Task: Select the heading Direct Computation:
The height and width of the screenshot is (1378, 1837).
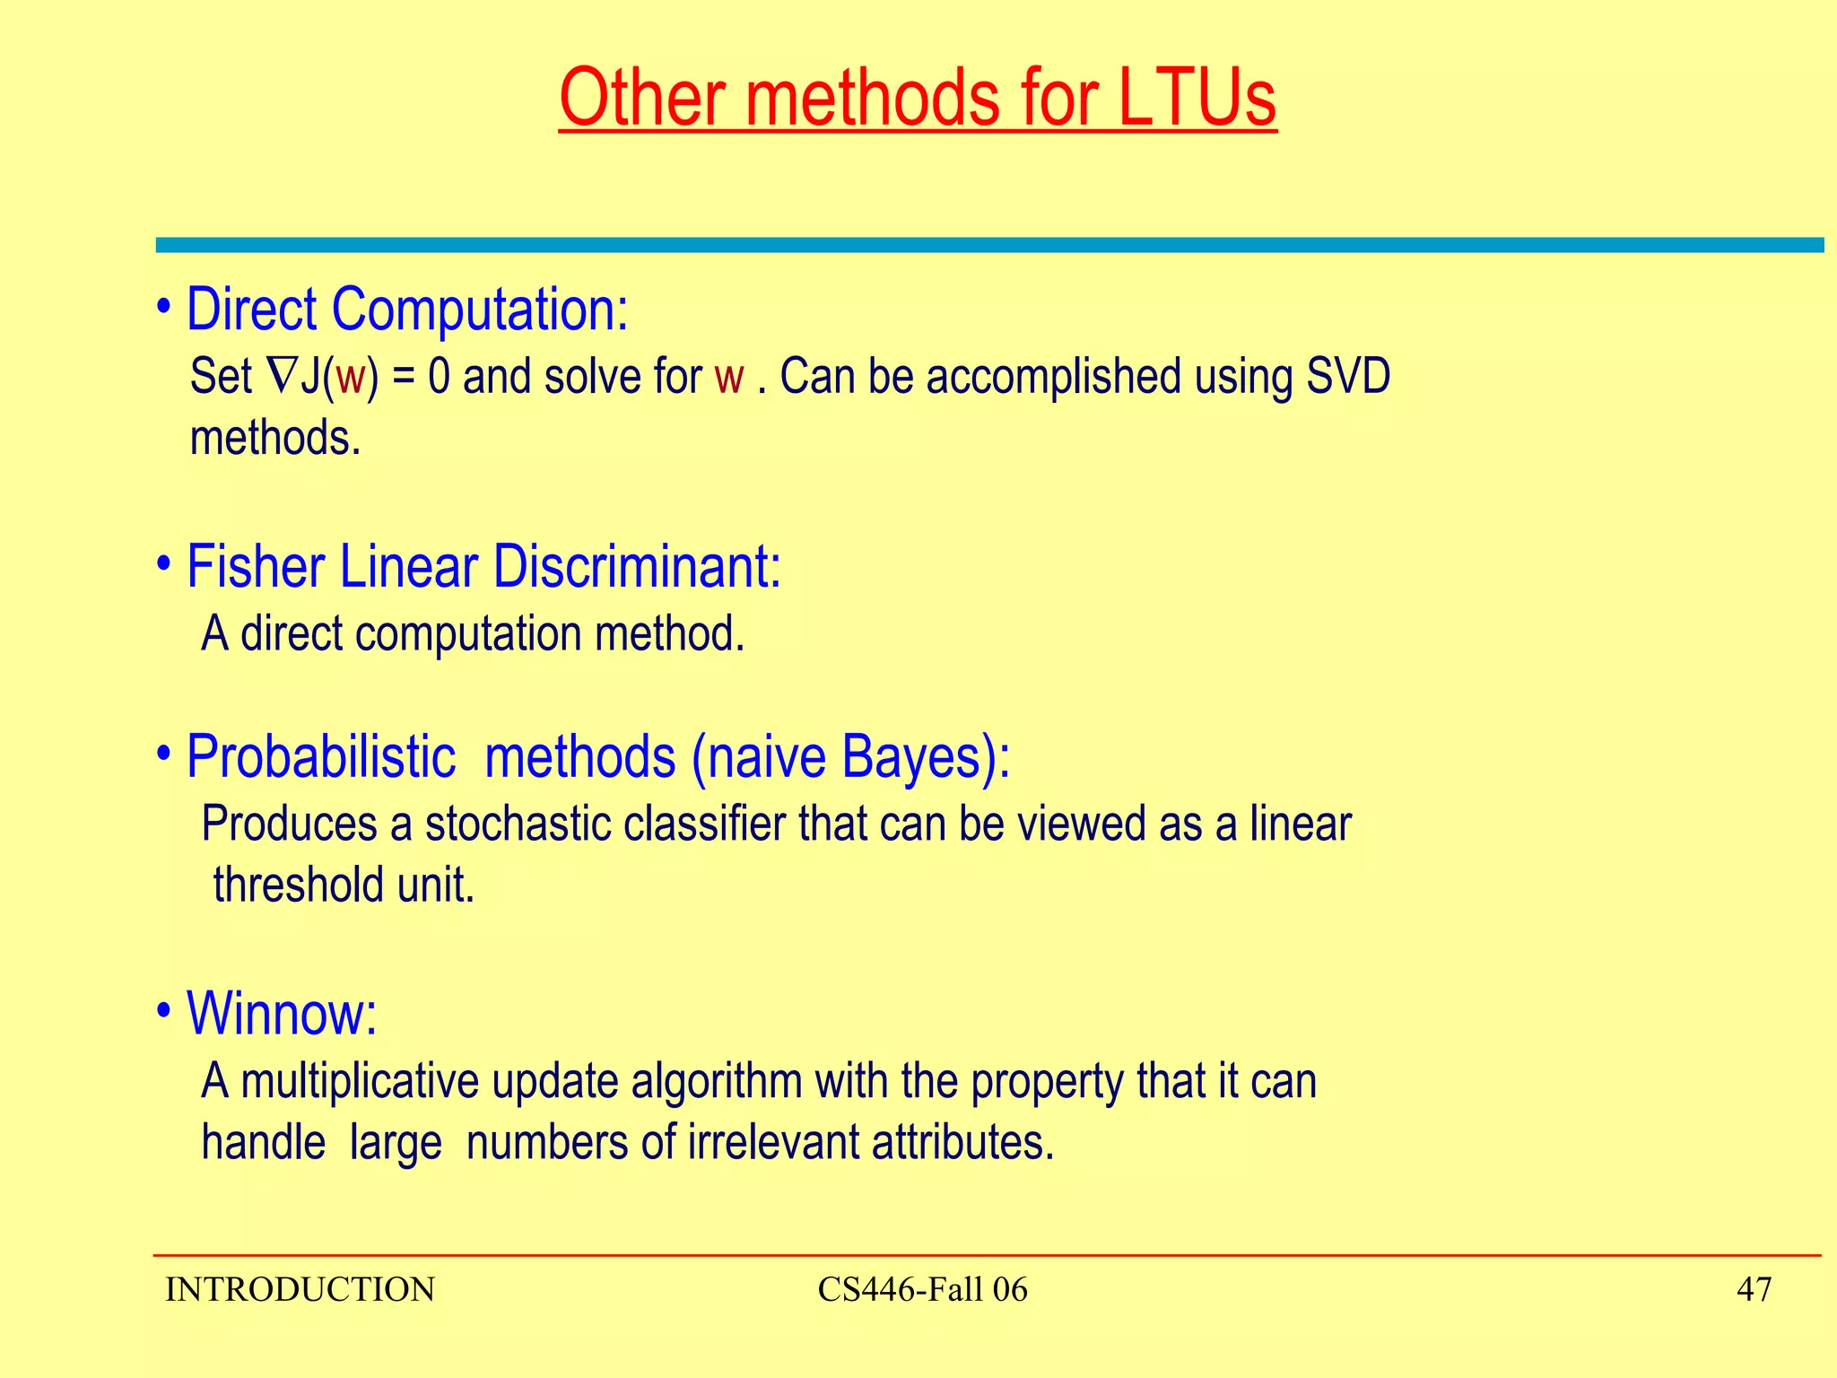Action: click(x=406, y=310)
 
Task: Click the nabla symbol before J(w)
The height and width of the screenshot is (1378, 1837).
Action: click(x=280, y=376)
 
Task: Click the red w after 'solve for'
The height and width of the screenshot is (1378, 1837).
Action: click(x=729, y=378)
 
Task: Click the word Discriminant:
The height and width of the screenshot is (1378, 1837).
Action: click(x=637, y=567)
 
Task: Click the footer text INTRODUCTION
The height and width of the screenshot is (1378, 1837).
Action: click(x=300, y=1290)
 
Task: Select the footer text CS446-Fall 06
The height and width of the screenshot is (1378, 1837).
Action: click(x=922, y=1290)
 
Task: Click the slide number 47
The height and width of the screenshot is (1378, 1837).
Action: click(x=1754, y=1290)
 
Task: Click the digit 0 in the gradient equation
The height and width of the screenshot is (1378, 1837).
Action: click(x=438, y=377)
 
